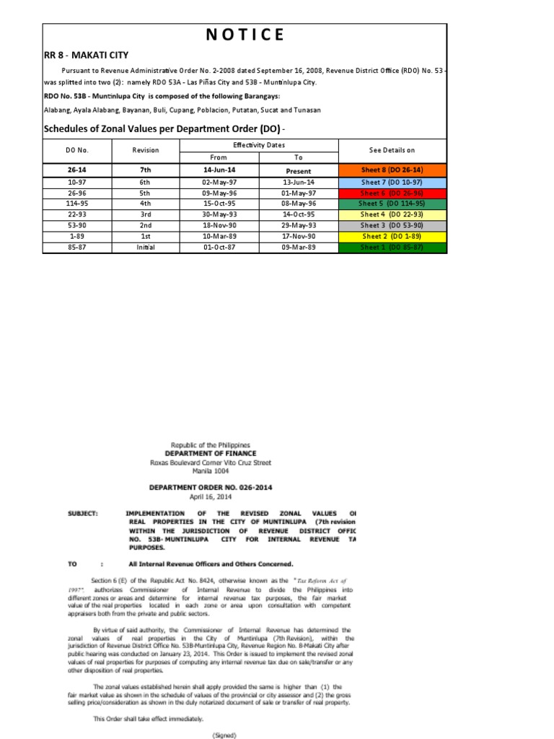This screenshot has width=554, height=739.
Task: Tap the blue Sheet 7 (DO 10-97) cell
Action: click(x=392, y=183)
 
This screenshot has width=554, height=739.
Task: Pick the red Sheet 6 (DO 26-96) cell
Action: click(x=392, y=193)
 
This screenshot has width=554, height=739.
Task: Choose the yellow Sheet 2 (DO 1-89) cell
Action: click(x=392, y=236)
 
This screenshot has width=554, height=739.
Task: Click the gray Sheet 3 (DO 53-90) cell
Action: click(x=392, y=225)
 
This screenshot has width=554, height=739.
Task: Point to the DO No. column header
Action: click(x=76, y=150)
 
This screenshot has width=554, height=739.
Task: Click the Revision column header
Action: click(x=145, y=150)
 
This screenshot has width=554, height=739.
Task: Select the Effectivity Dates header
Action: click(x=258, y=145)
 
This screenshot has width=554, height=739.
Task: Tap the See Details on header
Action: click(x=392, y=150)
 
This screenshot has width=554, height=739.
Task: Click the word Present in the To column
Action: click(x=298, y=172)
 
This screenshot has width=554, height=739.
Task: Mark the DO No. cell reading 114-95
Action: click(x=76, y=204)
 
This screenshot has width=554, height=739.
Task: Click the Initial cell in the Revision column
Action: click(x=145, y=247)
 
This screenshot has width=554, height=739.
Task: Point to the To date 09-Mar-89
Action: click(x=298, y=247)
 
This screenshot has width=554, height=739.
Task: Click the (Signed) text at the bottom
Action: click(x=224, y=735)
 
